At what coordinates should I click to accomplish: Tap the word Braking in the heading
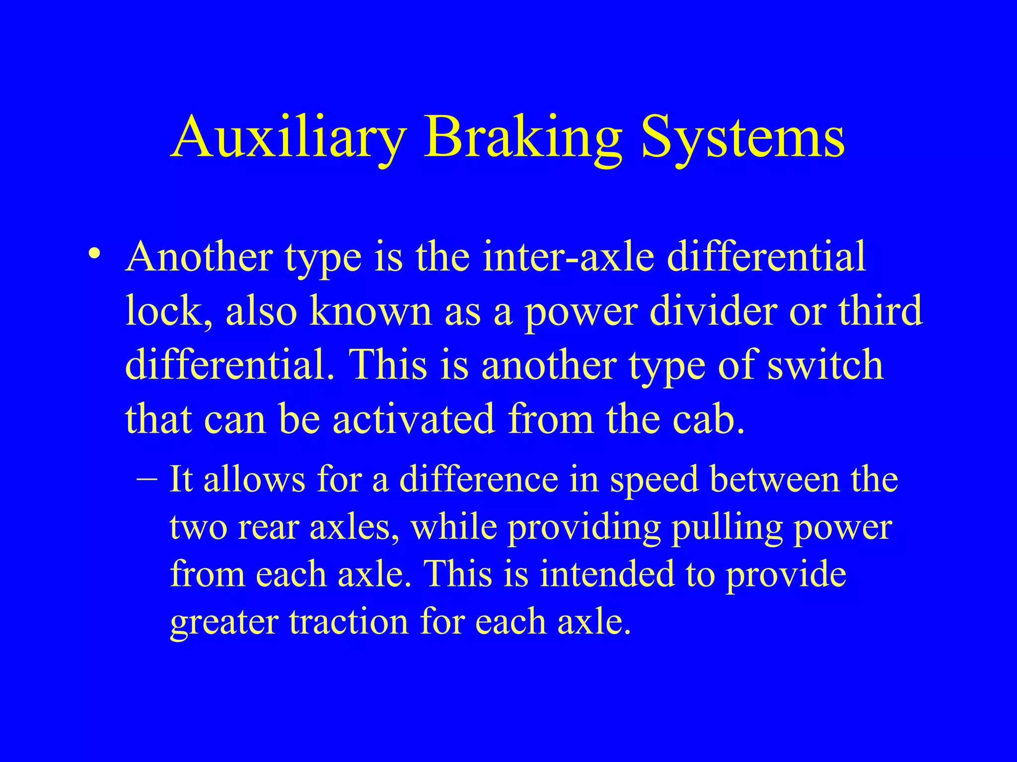(521, 136)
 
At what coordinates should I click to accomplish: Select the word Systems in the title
(742, 136)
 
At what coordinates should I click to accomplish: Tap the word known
(370, 311)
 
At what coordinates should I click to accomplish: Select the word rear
(270, 527)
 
